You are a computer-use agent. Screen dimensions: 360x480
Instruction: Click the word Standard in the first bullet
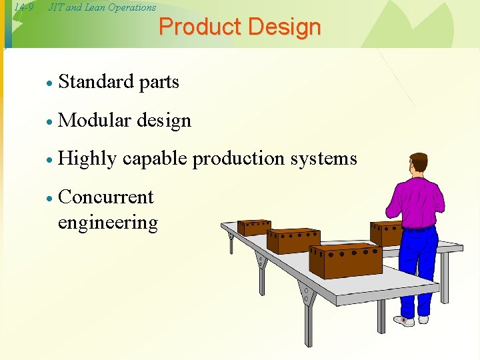[96, 82]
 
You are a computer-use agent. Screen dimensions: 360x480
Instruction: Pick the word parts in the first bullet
[159, 83]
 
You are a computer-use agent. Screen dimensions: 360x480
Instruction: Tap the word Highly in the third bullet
[87, 159]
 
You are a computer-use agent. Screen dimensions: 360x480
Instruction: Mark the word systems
[326, 159]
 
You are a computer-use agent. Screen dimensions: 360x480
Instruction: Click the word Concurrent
[106, 197]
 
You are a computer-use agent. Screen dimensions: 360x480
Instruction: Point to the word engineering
[108, 223]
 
